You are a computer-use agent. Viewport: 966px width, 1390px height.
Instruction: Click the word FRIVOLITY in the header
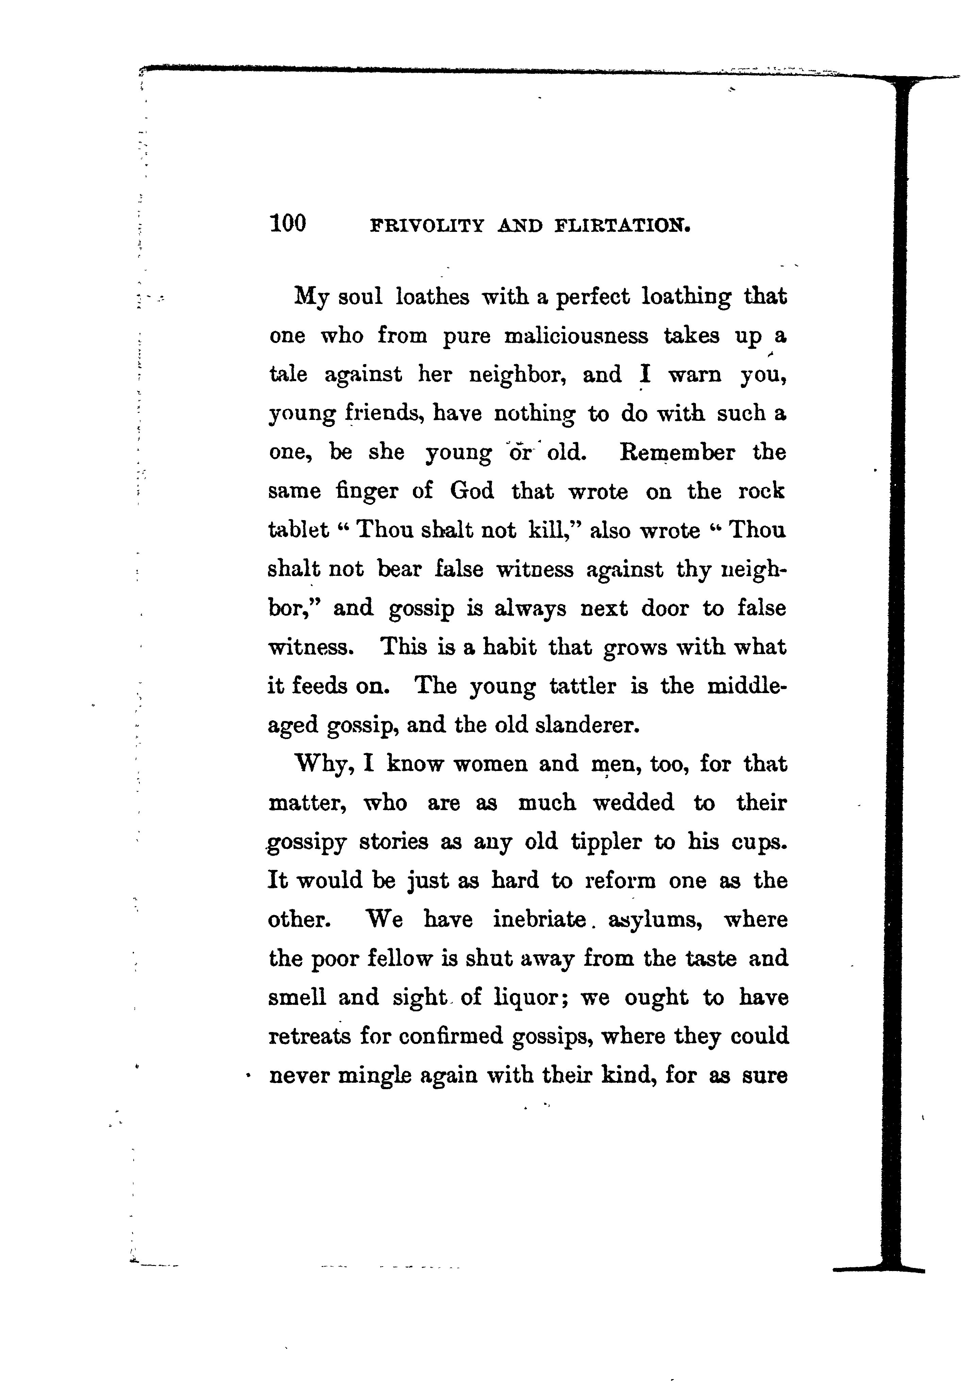[x=427, y=226]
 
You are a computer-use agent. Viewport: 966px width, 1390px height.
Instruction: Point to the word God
[x=471, y=491]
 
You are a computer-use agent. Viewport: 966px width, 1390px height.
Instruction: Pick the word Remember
[x=677, y=452]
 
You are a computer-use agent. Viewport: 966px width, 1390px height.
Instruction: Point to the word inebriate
[x=539, y=920]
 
